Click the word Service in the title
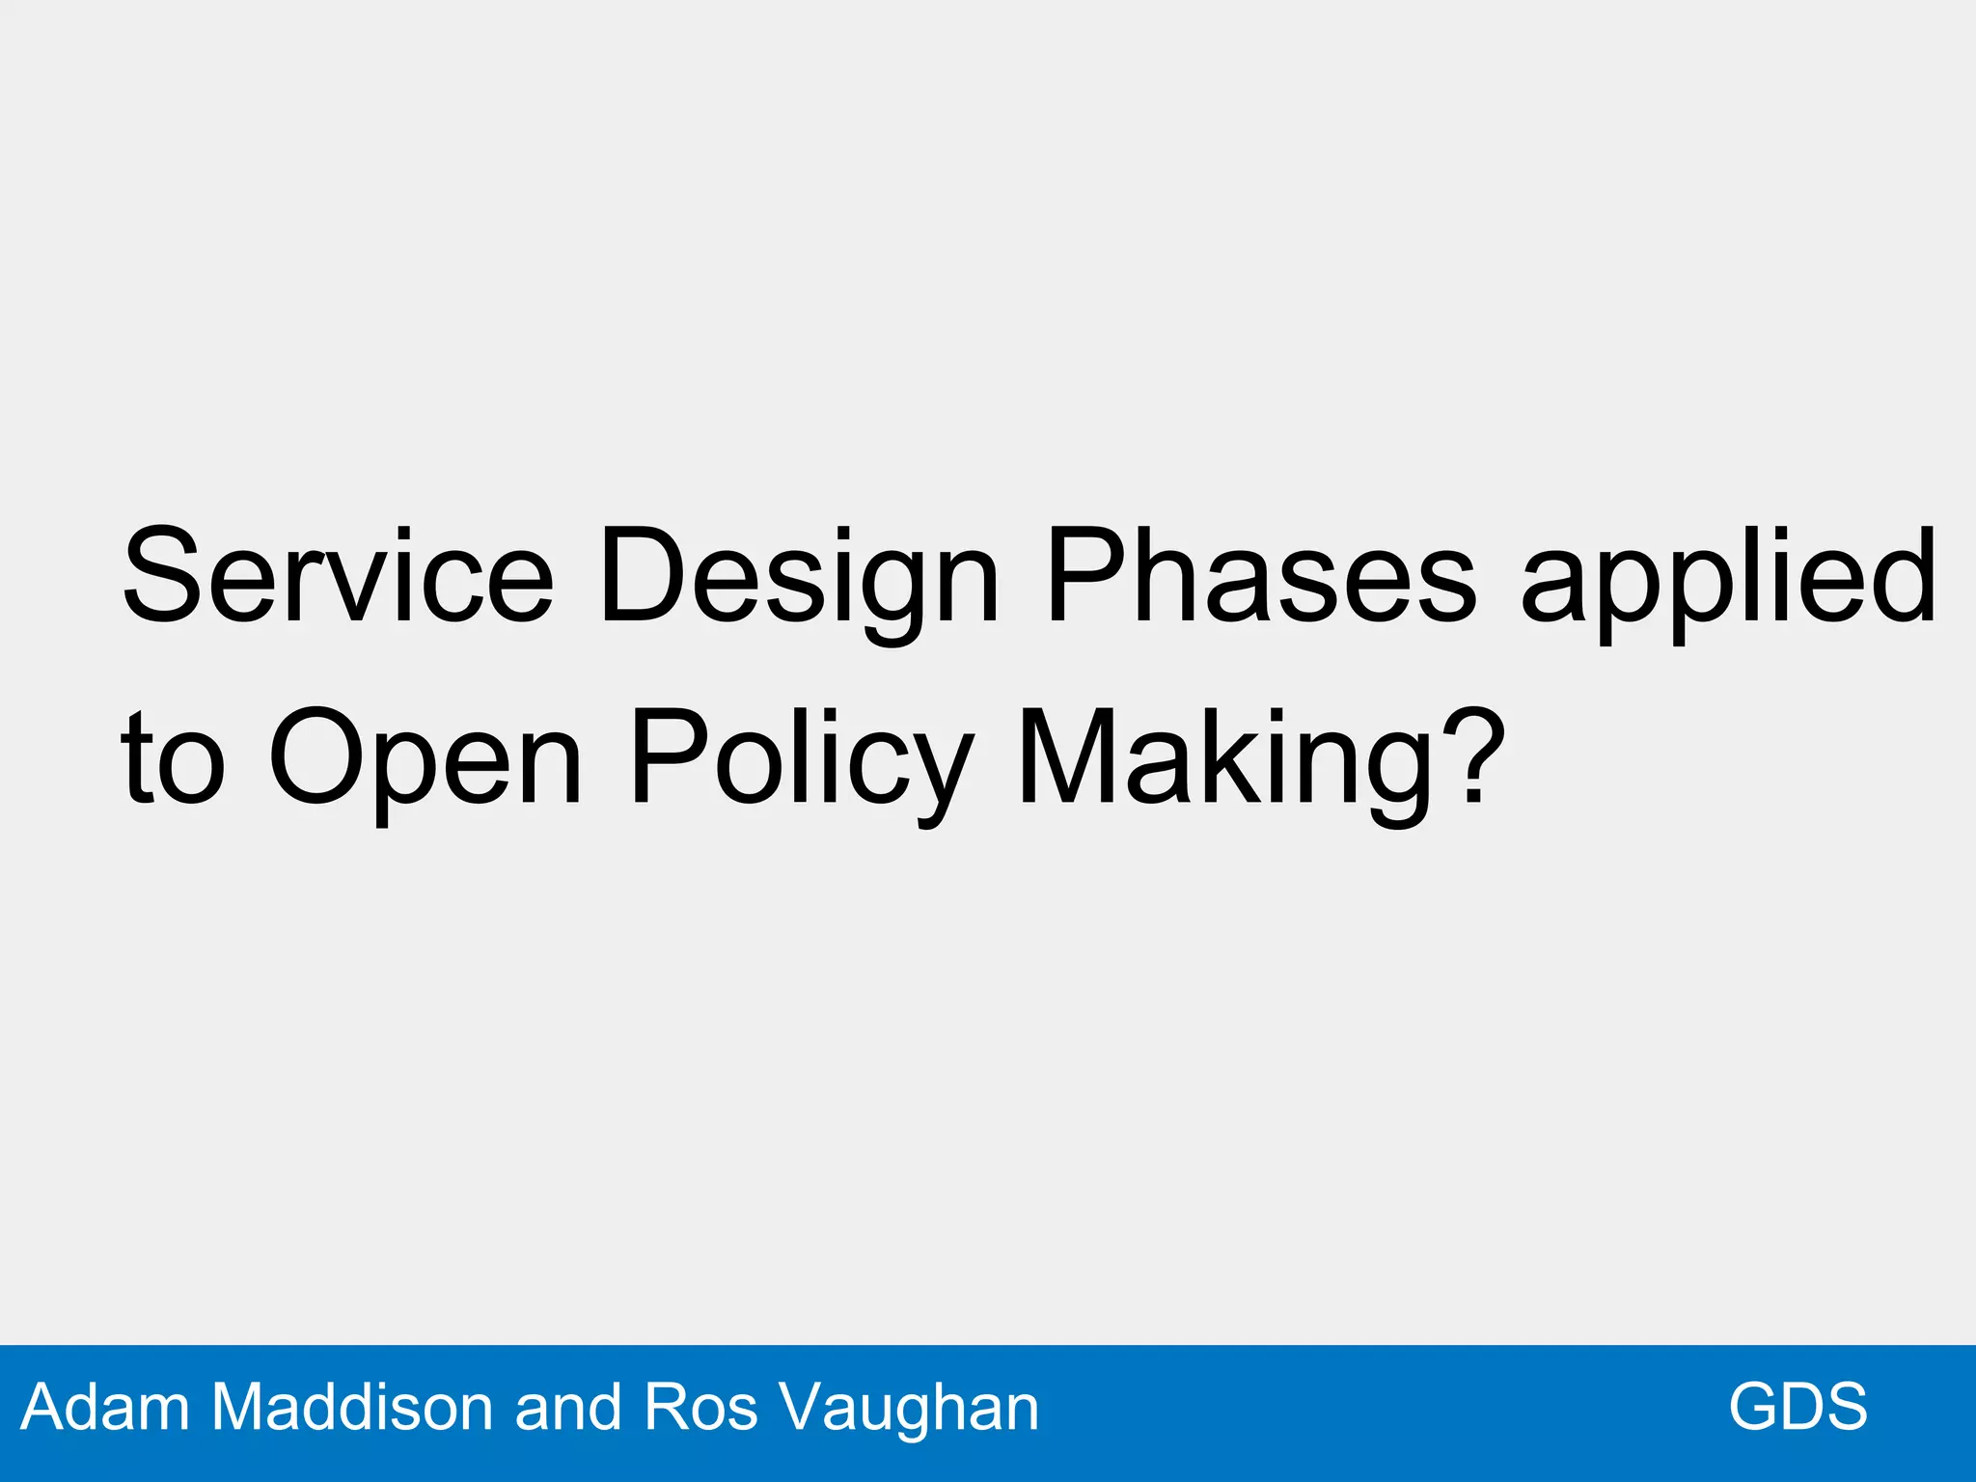(x=338, y=576)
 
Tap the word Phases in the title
(x=1261, y=576)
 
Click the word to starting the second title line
(x=173, y=757)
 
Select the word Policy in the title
(x=801, y=762)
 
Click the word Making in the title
(x=1225, y=762)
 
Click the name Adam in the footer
(x=105, y=1407)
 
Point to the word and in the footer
(x=570, y=1407)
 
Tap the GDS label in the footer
(x=1798, y=1407)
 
